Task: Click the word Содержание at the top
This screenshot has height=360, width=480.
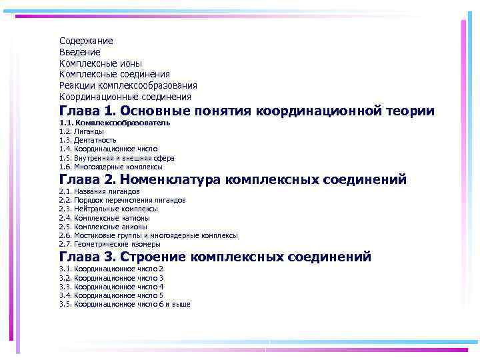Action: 86,41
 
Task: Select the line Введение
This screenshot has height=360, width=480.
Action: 80,52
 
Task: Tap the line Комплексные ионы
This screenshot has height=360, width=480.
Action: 101,63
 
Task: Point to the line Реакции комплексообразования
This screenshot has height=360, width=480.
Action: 128,85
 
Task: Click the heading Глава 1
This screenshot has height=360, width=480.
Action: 87,111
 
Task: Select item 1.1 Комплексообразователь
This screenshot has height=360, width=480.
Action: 115,123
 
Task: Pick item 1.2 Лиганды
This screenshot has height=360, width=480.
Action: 81,132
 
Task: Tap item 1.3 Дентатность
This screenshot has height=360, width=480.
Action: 88,141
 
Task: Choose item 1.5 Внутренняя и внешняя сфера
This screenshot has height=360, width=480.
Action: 117,159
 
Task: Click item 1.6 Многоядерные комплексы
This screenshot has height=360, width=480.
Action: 111,167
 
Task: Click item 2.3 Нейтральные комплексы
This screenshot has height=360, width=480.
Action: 109,209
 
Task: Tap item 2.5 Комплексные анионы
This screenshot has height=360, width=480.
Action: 103,227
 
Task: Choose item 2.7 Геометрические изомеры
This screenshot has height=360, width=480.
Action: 109,244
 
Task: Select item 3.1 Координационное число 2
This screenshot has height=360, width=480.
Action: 111,269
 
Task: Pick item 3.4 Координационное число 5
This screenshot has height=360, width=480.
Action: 111,295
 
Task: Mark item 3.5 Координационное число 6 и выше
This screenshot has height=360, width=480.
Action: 125,304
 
